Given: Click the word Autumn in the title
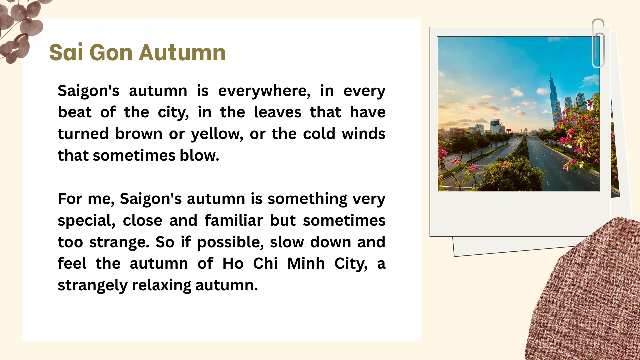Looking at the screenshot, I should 182,53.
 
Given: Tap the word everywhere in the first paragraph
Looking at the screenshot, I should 264,91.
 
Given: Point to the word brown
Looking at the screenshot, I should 139,134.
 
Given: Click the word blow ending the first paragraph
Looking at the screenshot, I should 199,155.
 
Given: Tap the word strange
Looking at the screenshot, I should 119,242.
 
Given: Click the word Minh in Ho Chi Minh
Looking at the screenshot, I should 306,264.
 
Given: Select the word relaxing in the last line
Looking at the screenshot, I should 161,285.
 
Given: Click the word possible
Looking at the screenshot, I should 230,242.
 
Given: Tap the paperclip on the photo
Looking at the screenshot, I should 598,43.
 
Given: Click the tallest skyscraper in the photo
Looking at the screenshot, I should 553,100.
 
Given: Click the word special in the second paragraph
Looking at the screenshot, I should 86,221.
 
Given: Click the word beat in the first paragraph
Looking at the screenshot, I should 74,112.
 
